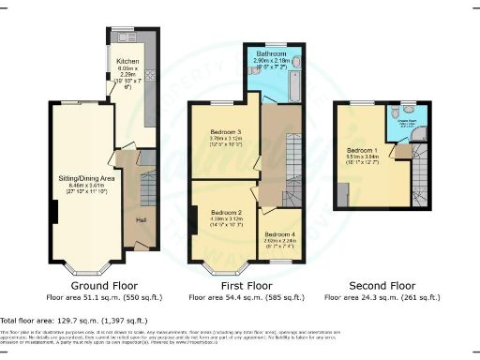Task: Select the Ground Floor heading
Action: coord(99,285)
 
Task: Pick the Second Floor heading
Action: coord(382,285)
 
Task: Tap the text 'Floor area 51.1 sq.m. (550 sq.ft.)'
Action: coord(99,297)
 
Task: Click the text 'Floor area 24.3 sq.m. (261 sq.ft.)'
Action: coord(382,297)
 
